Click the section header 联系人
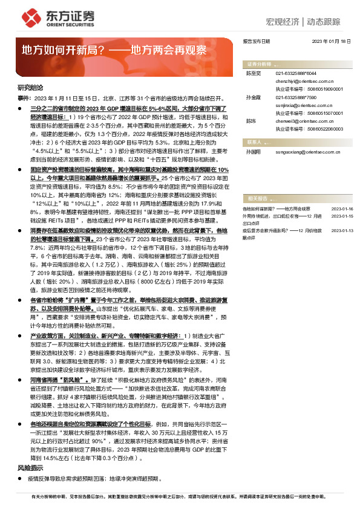click(254, 141)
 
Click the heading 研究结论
click(27, 88)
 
